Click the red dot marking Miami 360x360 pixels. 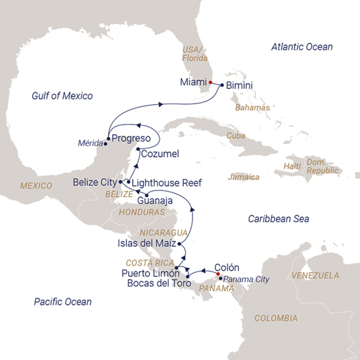[210, 82]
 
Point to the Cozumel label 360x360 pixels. [160, 154]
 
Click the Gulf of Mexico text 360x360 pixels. [62, 96]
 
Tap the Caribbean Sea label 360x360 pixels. [279, 219]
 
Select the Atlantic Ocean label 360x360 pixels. [302, 47]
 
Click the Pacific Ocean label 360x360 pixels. [62, 302]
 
